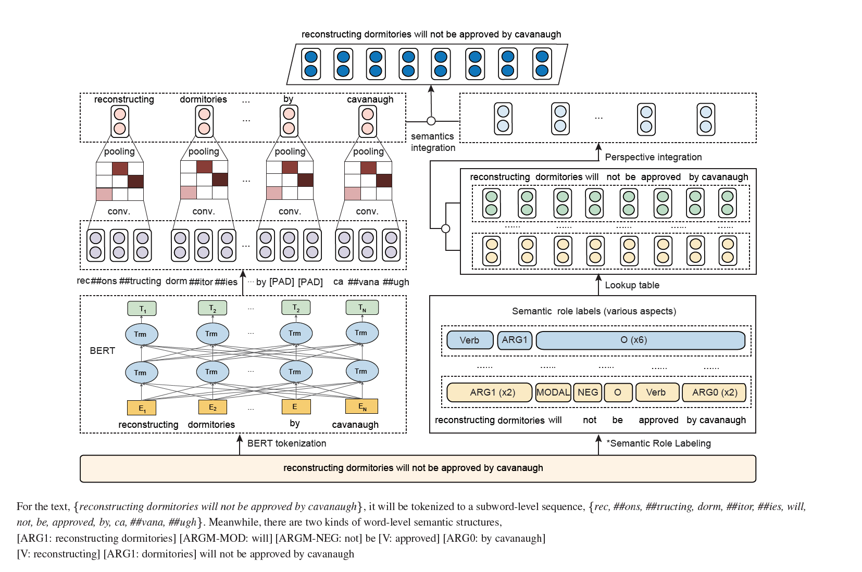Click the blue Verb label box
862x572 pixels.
pos(470,340)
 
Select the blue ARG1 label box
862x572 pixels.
pos(515,340)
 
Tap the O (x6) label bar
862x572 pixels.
pos(640,340)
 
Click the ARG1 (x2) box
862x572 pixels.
pos(489,392)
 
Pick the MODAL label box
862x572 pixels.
pos(553,392)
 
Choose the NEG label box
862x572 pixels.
pos(588,392)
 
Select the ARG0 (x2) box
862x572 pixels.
pos(714,392)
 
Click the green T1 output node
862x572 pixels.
pos(142,309)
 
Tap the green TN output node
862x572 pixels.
pos(362,308)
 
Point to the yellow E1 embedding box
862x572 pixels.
pos(142,408)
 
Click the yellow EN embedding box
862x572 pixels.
pos(362,406)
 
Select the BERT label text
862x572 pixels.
pos(102,351)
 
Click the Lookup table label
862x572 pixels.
pos(632,285)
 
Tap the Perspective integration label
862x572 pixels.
pos(653,157)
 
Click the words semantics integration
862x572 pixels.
pos(433,142)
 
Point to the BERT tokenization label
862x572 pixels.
pos(286,443)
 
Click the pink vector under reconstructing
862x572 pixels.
pos(120,121)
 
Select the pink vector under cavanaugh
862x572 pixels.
pos(368,121)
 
